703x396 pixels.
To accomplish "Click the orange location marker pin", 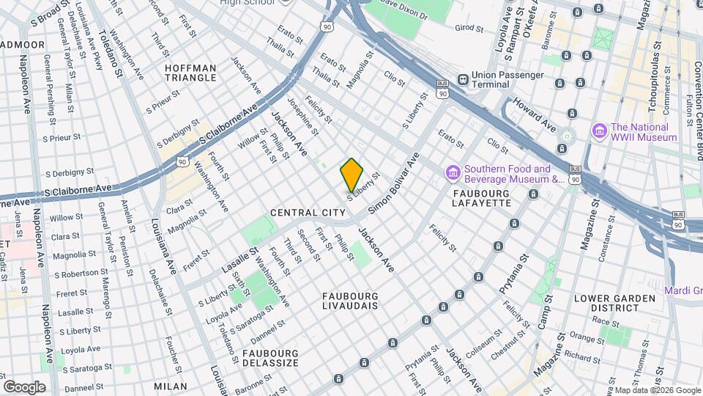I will [x=351, y=175].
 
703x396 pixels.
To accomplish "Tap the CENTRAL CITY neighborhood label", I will [x=308, y=212].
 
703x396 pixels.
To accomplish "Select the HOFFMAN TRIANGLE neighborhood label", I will [x=190, y=73].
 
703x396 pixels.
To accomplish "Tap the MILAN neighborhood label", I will [x=170, y=386].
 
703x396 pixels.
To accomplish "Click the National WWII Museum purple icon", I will [x=599, y=131].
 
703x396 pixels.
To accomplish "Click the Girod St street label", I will [x=470, y=27].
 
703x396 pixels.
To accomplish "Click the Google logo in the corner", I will [x=24, y=386].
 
